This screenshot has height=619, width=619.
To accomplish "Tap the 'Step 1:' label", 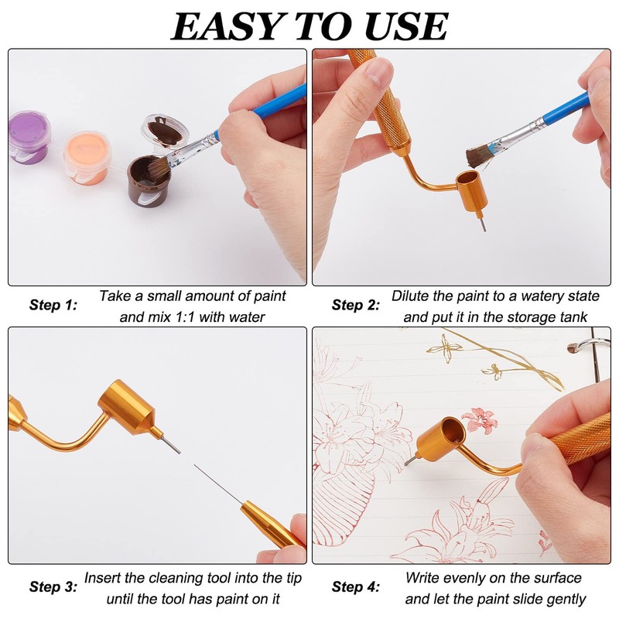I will pos(53,305).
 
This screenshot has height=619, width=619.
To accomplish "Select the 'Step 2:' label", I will pos(355,305).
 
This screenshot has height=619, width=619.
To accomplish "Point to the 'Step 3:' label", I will pos(53,587).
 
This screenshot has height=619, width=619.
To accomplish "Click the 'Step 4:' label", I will pos(355,587).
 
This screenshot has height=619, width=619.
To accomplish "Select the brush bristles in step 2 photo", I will pos(478,156).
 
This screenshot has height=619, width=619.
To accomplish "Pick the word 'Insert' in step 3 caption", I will pos(104,578).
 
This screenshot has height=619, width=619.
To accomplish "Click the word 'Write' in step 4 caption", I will pos(423,578).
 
